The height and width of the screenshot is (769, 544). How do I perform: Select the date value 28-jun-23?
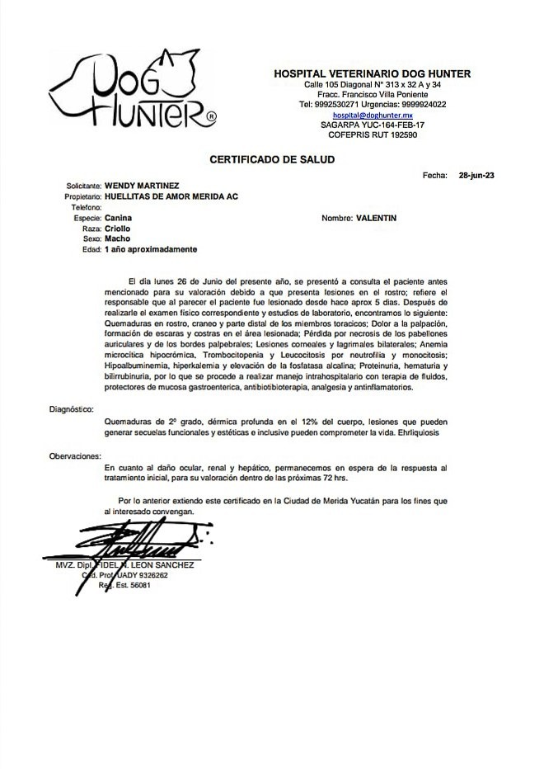click(476, 176)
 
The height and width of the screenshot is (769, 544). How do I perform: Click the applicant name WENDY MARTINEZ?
click(143, 186)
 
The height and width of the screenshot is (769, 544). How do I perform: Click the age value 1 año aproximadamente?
click(152, 248)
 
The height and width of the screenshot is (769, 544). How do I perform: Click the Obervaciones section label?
click(75, 455)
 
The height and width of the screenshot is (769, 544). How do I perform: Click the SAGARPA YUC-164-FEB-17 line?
click(372, 125)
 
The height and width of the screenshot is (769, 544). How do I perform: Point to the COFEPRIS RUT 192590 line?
click(372, 134)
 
